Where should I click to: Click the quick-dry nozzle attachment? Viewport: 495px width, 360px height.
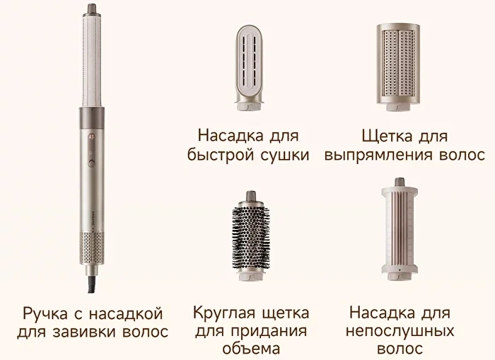250,68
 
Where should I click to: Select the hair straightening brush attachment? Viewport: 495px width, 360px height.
398,67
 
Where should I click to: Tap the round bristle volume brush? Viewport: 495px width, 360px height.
251,236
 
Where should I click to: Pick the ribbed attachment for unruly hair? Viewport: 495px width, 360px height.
400,229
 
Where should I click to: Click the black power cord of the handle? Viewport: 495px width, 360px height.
92,284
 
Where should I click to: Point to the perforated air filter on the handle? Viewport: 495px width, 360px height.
91,248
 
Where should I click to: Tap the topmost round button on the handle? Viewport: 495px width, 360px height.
92,137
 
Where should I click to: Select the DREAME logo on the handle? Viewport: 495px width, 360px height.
93,219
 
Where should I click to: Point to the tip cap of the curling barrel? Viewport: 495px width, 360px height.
92,8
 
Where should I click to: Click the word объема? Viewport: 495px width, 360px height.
251,349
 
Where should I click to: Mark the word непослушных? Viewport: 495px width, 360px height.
400,331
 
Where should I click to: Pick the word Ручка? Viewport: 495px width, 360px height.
45,314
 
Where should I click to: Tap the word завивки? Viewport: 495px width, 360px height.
85,332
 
